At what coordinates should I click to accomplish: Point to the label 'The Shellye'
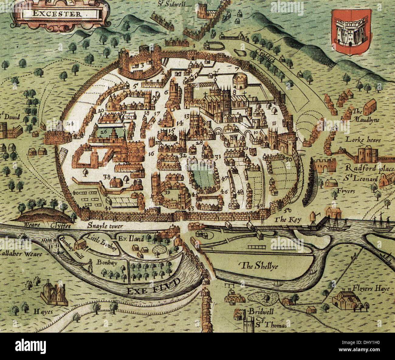point(255,266)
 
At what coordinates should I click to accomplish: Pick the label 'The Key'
point(287,219)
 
